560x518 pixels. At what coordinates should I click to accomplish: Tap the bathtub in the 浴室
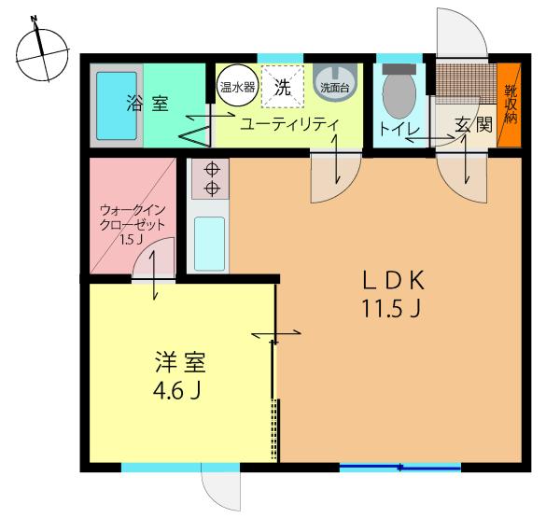point(116,105)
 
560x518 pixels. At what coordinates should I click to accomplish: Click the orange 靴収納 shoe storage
point(510,104)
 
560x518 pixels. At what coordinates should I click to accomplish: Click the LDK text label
point(392,280)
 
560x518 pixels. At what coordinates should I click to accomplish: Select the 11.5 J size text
point(392,309)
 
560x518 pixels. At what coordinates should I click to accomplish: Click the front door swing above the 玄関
point(462,36)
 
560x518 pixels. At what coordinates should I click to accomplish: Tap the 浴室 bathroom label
point(147,103)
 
